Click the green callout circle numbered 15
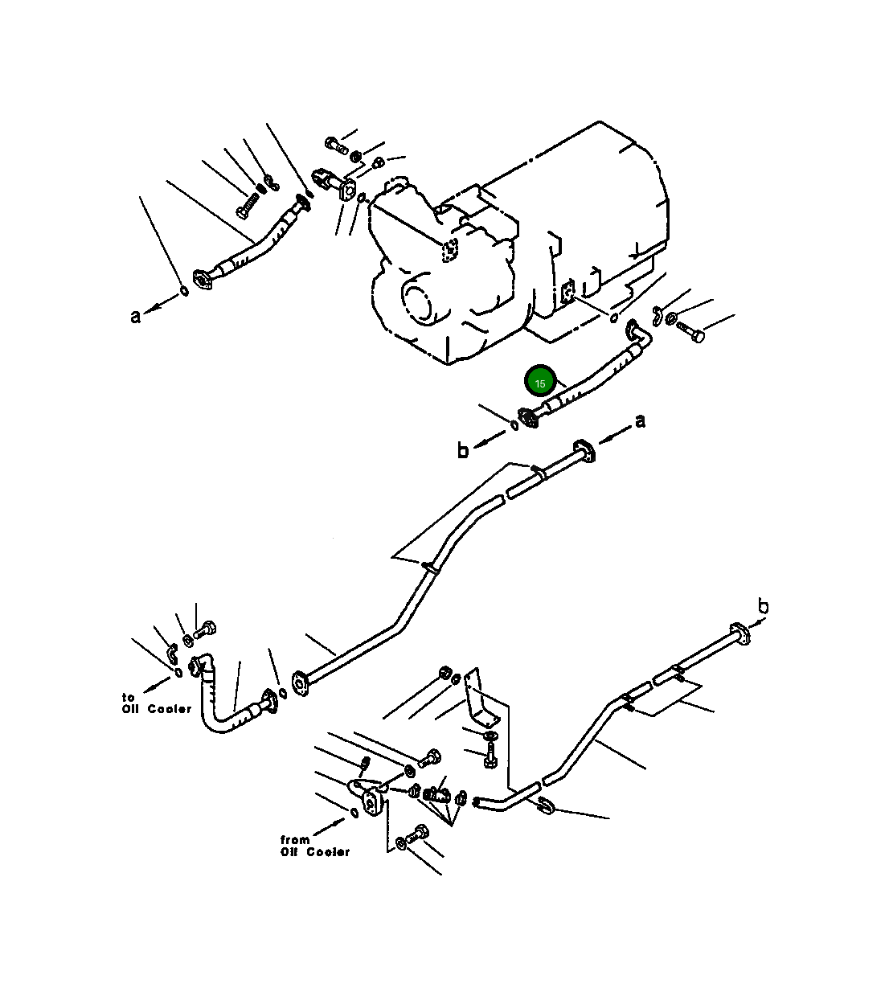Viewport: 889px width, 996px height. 540,383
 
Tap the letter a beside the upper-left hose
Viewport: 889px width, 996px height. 136,316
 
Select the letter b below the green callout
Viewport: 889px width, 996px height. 462,451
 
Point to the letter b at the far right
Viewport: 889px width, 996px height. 763,607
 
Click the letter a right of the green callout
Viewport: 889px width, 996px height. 640,421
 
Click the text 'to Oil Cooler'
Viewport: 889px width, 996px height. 156,703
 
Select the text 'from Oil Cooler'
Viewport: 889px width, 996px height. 314,846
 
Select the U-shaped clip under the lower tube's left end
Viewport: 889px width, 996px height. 546,805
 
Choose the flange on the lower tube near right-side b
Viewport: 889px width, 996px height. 738,633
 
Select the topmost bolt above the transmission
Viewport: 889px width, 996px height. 335,146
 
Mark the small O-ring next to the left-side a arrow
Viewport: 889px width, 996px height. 185,291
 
